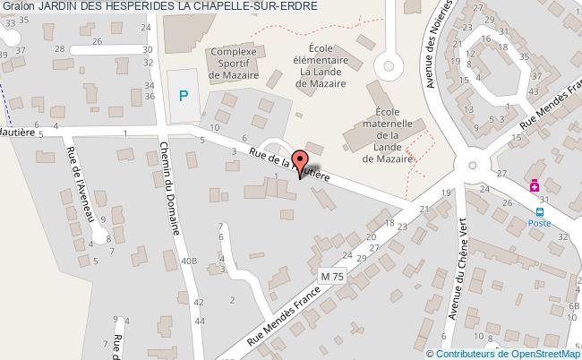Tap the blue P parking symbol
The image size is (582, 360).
[x=184, y=94]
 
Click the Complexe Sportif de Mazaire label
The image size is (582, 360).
[x=234, y=64]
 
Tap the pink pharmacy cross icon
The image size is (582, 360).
[x=534, y=186]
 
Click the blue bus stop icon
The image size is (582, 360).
[x=539, y=212]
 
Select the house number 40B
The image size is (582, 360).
[x=189, y=261]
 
